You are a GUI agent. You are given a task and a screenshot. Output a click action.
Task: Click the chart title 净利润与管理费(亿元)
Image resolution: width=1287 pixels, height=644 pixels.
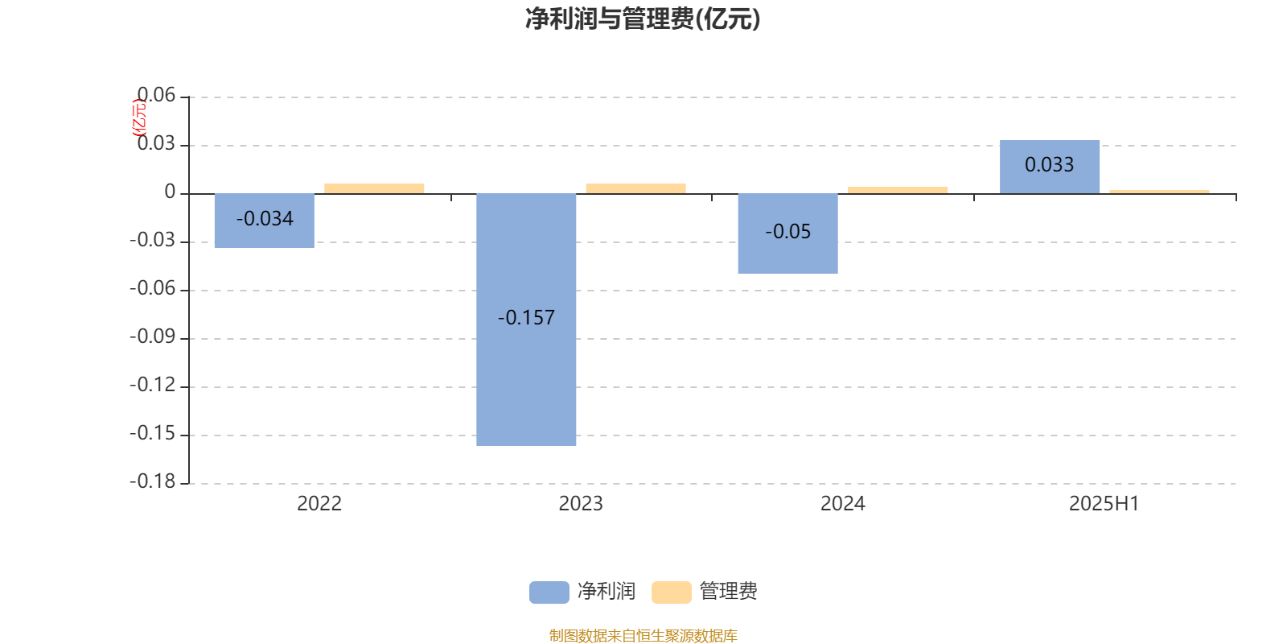643,19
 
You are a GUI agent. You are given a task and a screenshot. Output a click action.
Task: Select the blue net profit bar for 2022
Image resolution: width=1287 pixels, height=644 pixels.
265,221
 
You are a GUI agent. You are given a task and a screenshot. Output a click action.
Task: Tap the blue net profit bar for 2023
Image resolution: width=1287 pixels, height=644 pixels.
526,320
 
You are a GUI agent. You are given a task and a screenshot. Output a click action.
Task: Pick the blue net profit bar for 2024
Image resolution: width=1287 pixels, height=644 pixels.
787,233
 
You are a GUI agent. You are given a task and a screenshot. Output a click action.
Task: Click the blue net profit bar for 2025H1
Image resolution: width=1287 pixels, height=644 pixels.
1050,167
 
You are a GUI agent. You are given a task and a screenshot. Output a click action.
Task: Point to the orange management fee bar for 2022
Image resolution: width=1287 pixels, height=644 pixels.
374,188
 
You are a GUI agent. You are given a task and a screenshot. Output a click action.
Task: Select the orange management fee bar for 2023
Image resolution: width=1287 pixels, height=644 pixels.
636,188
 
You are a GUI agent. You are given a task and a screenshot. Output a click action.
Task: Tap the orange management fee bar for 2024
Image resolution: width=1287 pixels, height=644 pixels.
898,190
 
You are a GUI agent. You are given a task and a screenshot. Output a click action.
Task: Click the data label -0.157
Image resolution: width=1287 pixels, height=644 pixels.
526,317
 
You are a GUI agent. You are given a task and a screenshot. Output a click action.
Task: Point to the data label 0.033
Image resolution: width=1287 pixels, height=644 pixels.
1049,165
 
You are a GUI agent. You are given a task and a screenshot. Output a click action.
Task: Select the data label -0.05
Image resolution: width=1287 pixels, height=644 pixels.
787,232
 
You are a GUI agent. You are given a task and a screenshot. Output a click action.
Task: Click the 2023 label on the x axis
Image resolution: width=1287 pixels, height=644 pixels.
581,504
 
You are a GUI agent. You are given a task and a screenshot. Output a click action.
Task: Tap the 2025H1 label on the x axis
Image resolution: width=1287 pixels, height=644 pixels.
1104,504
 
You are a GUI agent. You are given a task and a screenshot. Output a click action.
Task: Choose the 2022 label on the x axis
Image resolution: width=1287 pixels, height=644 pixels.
319,504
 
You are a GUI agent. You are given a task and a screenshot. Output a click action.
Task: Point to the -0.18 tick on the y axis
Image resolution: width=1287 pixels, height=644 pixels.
152,481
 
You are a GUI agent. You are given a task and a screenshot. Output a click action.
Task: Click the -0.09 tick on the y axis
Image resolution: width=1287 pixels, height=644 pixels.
152,336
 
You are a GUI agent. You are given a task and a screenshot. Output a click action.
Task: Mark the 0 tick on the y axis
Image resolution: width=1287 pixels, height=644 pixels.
170,192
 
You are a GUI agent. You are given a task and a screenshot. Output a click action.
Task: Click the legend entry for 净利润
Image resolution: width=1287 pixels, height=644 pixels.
582,592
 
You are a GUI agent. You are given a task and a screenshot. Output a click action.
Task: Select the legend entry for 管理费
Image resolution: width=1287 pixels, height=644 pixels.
705,592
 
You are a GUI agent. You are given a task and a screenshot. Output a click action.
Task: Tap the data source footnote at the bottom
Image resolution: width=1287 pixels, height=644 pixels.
643,635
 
